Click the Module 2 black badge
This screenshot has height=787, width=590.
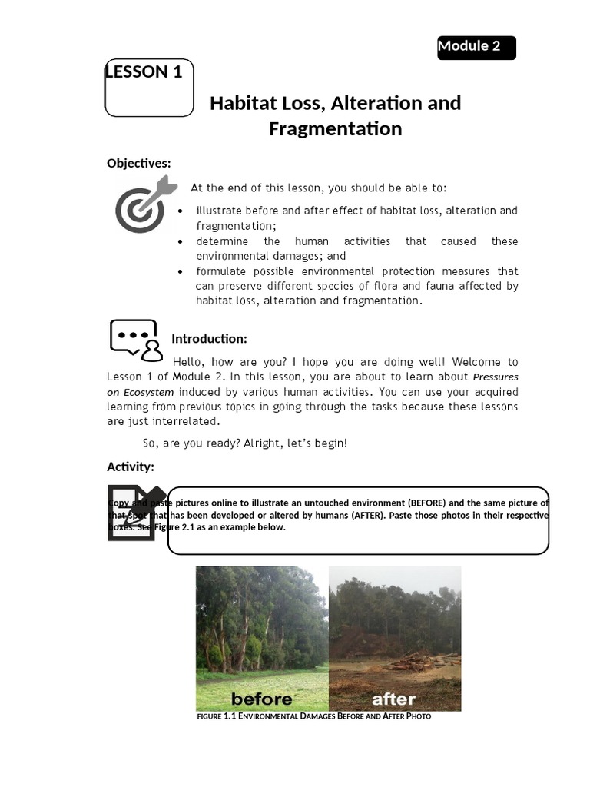(x=476, y=47)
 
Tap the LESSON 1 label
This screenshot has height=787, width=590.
(x=144, y=72)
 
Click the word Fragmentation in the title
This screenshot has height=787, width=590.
(x=335, y=129)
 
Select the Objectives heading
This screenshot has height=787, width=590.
(x=138, y=163)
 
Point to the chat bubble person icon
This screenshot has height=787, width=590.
(x=136, y=340)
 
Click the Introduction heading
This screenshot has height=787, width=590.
(x=209, y=339)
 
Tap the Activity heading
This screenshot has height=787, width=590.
(x=130, y=467)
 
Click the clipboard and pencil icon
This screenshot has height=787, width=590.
(x=136, y=513)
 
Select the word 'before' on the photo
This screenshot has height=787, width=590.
(x=261, y=699)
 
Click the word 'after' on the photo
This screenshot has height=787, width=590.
(x=393, y=699)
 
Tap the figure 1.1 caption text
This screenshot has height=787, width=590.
(x=313, y=716)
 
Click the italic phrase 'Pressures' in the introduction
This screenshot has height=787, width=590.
(x=496, y=377)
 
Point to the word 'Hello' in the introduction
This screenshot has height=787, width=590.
(x=190, y=362)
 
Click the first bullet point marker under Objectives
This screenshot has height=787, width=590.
(x=180, y=211)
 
